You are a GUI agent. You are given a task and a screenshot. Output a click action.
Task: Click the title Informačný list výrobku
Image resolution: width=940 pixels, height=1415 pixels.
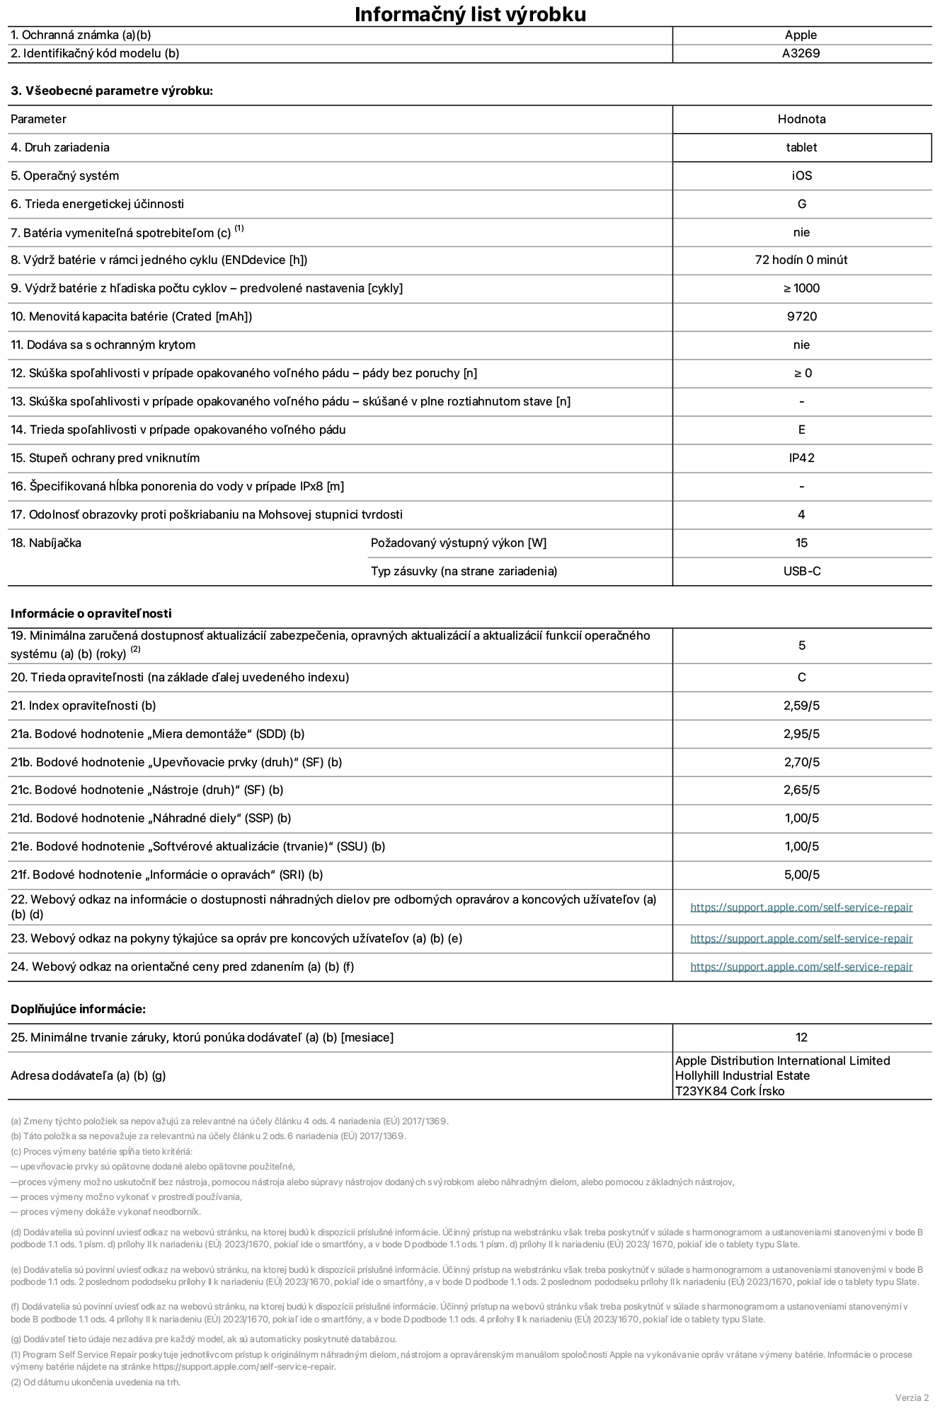[470, 14]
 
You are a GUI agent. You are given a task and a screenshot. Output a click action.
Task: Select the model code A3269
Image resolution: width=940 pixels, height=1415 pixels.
[801, 53]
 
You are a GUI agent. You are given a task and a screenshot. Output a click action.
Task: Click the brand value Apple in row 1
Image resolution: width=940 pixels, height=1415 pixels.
[801, 35]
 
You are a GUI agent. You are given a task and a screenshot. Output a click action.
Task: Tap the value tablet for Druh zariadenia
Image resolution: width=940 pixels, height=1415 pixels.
[801, 147]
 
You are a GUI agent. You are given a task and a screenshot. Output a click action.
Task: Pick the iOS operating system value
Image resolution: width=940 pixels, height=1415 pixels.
[801, 175]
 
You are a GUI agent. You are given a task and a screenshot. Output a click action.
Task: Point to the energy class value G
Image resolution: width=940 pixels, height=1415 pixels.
[801, 204]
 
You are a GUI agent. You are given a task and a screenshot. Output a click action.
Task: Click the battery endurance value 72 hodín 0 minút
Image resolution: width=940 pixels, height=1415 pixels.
[801, 260]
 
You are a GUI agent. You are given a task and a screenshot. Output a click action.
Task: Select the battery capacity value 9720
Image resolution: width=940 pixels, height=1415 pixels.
[801, 316]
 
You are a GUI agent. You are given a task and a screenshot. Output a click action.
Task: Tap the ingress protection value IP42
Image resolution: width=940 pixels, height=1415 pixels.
[801, 458]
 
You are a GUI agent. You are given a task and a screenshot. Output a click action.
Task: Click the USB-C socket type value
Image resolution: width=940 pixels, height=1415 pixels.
[801, 571]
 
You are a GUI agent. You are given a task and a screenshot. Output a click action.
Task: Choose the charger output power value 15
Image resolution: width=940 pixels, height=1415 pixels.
[801, 543]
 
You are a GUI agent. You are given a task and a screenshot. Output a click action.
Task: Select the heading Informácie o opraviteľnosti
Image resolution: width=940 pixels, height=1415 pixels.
[91, 613]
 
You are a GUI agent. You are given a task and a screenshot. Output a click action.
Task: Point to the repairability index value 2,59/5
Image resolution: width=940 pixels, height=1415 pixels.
[801, 705]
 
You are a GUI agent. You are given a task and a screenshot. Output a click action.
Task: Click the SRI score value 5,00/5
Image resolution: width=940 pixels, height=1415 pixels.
[801, 874]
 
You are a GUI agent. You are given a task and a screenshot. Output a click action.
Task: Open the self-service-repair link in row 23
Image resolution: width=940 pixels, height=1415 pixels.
[801, 938]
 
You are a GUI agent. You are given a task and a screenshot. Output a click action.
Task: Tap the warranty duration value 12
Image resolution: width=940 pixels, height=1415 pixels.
[801, 1037]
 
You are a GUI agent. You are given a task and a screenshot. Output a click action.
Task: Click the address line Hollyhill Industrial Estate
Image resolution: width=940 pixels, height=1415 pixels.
[742, 1075]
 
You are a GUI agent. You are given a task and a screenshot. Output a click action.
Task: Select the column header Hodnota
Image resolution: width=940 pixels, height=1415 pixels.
[801, 119]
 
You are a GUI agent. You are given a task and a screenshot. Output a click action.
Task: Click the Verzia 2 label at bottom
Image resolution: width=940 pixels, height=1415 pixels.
[912, 1397]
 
